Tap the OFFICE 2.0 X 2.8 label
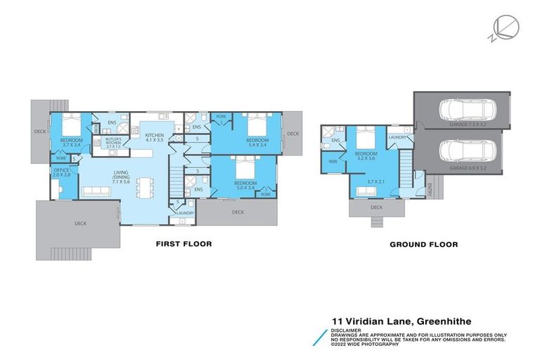61,172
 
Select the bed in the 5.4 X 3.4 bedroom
257,126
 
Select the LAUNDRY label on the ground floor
398,138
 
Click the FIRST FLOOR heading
184,244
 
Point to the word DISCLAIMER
346,328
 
